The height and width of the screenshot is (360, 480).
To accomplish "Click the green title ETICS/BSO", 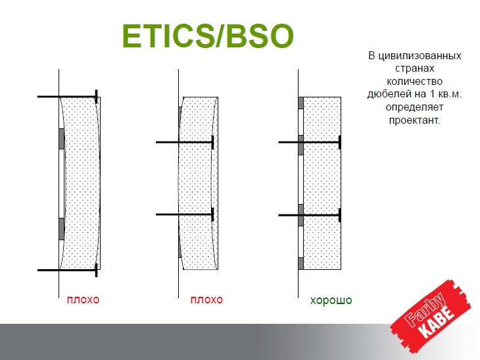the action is (x=208, y=36).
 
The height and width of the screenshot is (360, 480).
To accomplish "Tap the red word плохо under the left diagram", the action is (x=83, y=299).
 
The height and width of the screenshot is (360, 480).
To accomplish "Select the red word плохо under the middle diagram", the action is (x=206, y=299).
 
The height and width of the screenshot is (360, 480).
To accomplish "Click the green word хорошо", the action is (x=331, y=300).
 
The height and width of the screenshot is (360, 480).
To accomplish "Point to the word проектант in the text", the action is (x=414, y=120).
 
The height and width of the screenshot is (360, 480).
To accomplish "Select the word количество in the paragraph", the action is (x=414, y=82).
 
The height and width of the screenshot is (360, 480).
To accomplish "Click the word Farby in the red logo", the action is (x=425, y=309).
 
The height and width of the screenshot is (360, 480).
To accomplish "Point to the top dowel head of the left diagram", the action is (x=96, y=97).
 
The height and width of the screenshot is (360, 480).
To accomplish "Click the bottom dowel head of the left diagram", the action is (x=96, y=270).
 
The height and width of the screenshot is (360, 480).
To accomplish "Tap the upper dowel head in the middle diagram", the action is (x=212, y=142).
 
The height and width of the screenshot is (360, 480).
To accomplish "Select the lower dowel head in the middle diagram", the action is (x=212, y=215).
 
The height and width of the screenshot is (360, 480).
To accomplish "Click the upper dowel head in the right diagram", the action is (x=340, y=142).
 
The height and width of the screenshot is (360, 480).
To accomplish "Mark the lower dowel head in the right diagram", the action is (x=340, y=215).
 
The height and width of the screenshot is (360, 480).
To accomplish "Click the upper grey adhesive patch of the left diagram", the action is (x=62, y=139).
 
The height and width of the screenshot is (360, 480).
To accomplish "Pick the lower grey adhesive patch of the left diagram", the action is (x=62, y=229).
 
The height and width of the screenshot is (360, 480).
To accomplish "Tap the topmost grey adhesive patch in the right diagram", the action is (x=300, y=103).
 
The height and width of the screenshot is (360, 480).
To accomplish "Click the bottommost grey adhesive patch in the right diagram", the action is (x=300, y=263).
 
